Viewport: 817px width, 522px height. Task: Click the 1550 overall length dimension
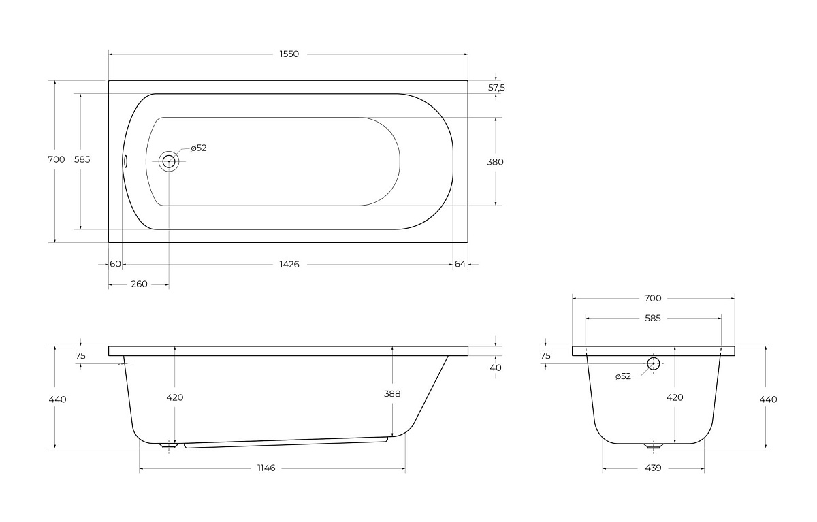point(289,54)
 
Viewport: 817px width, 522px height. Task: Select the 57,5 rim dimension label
point(496,88)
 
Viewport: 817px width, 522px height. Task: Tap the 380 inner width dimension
point(495,162)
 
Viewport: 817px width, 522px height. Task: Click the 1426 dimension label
point(289,264)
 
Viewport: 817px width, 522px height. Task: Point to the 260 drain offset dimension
point(139,284)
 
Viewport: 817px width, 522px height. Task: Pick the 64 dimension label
point(460,264)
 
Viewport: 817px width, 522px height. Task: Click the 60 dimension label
point(115,264)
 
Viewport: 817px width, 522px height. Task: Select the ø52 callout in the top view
point(199,148)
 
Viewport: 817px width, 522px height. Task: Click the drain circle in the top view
point(169,161)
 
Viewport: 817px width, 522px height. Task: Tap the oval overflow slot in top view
point(125,161)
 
